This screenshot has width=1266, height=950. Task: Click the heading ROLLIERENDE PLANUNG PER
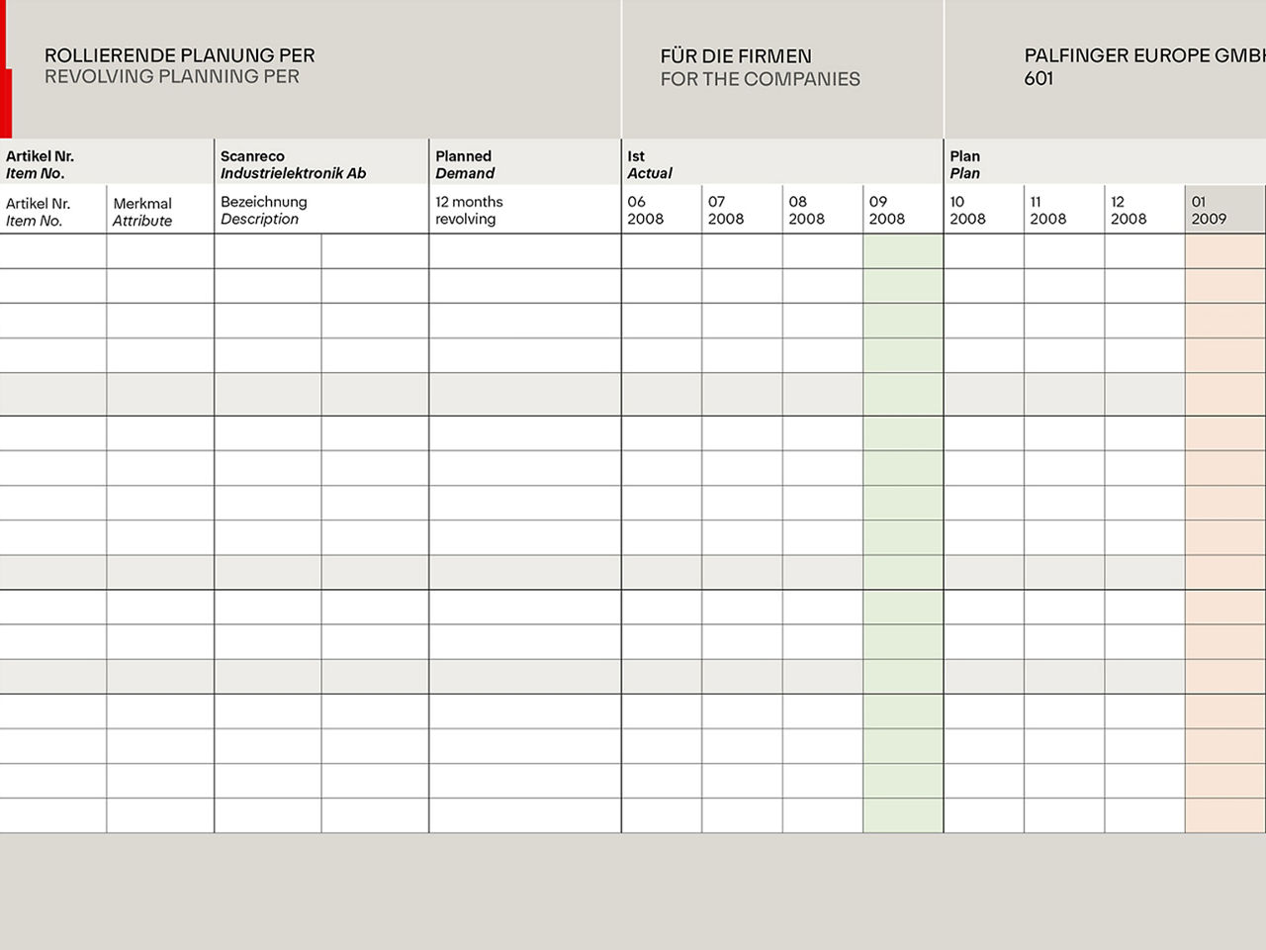(x=179, y=55)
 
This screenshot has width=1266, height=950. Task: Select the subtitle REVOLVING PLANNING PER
(x=171, y=77)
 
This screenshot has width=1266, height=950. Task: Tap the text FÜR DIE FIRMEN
(x=735, y=56)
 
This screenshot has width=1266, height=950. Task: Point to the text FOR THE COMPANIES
(x=760, y=79)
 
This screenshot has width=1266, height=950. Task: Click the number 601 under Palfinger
(x=1039, y=79)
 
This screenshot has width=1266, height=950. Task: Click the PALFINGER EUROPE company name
(x=1143, y=55)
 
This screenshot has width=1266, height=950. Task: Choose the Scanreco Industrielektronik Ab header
(x=293, y=164)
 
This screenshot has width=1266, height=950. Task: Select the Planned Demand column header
(x=465, y=164)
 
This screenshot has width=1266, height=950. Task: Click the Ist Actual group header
(x=650, y=164)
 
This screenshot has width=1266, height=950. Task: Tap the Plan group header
(x=964, y=164)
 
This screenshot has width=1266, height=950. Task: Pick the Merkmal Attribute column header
(x=142, y=212)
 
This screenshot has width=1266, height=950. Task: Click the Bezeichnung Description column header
(x=263, y=210)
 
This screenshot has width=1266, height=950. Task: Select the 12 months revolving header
(x=469, y=210)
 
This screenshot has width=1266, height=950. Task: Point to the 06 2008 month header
(x=645, y=210)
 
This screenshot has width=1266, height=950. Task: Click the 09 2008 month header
(x=886, y=210)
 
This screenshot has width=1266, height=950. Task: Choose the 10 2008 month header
(x=967, y=210)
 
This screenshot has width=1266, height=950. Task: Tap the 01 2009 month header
(x=1209, y=210)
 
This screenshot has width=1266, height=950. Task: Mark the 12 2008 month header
(x=1128, y=210)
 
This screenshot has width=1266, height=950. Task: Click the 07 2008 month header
(x=725, y=210)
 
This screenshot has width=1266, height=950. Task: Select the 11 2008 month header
(x=1047, y=210)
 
